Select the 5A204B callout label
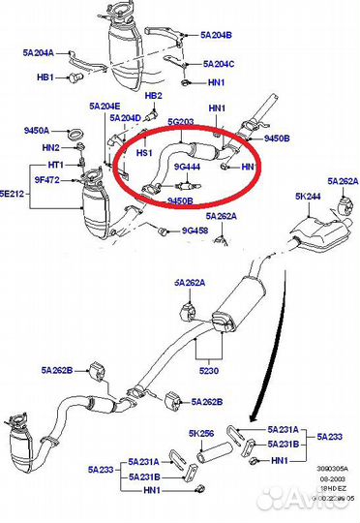(x=218, y=35)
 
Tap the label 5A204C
(x=218, y=64)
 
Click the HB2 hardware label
(x=153, y=97)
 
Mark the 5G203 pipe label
(x=182, y=122)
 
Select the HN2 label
(x=51, y=147)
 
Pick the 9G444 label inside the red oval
(x=187, y=166)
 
